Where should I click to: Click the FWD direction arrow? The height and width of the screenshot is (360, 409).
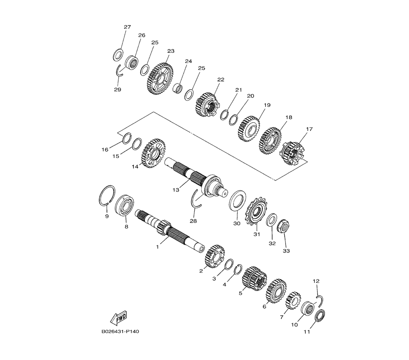tap(119, 317)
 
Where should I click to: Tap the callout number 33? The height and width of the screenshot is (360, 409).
tap(286, 251)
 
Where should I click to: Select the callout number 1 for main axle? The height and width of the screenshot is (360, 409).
tap(157, 247)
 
